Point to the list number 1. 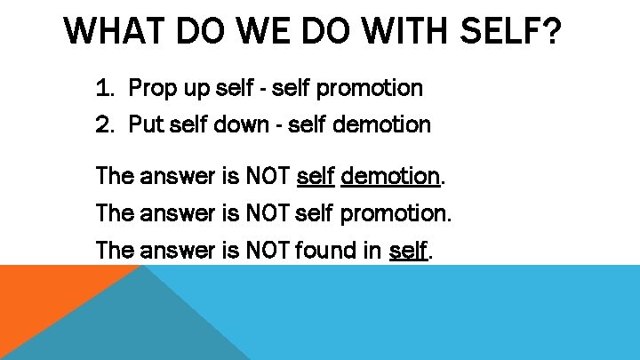click(x=105, y=88)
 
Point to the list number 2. click(x=105, y=124)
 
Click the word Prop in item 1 click(x=152, y=88)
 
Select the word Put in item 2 click(x=148, y=124)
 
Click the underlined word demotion click(x=390, y=177)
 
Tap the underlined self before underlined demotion click(x=315, y=177)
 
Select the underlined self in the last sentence click(x=409, y=252)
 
